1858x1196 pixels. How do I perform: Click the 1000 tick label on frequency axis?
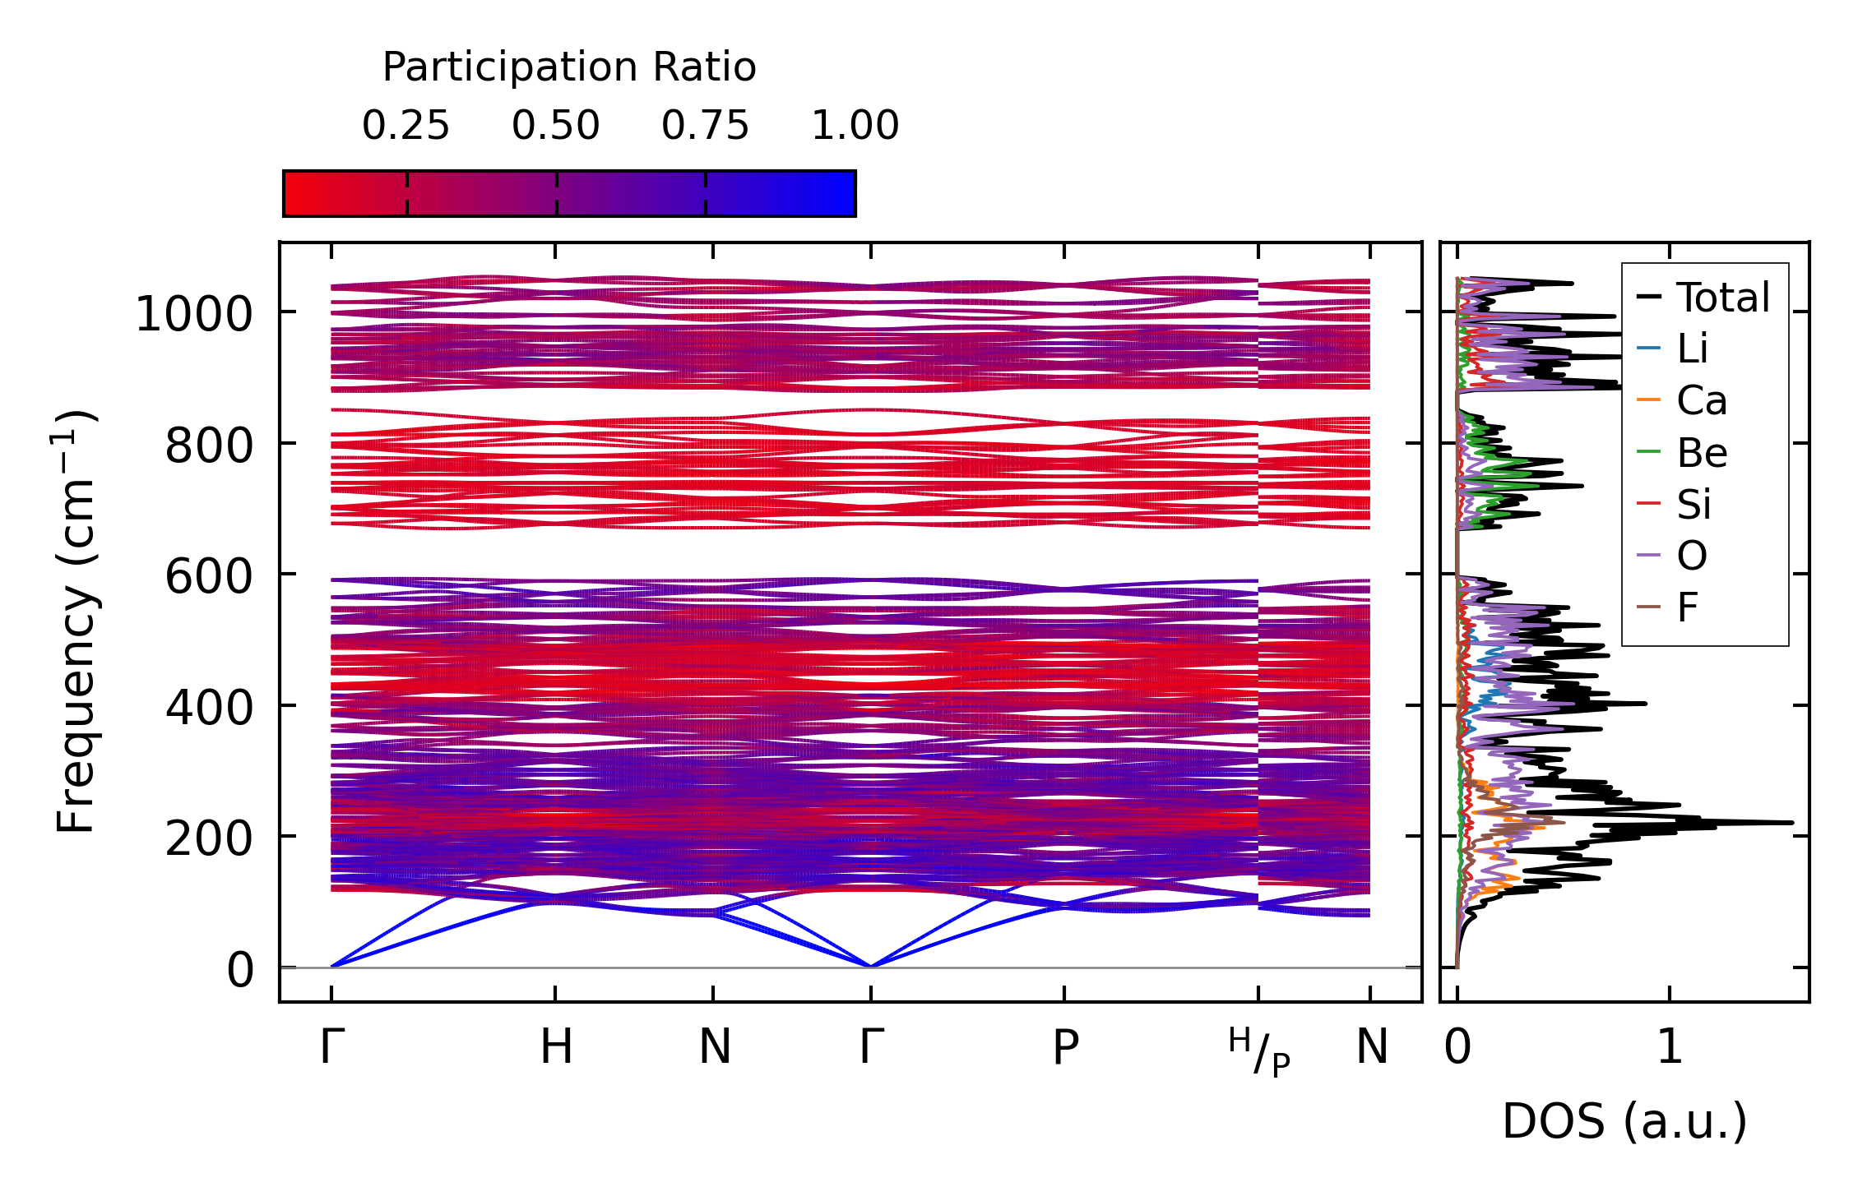click(x=193, y=314)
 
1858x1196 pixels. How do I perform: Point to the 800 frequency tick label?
click(x=208, y=446)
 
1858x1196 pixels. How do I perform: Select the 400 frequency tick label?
click(x=208, y=707)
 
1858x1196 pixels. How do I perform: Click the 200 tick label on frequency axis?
click(x=208, y=838)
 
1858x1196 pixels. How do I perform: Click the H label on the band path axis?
click(x=556, y=1047)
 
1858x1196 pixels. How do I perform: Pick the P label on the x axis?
click(x=1065, y=1047)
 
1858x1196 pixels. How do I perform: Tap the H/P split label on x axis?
click(x=1259, y=1052)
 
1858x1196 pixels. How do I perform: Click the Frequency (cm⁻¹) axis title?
click(x=76, y=621)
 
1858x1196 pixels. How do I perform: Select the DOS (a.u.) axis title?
click(x=1624, y=1121)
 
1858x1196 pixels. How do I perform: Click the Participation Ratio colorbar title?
click(x=569, y=67)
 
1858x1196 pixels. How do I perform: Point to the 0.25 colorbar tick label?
click(x=405, y=126)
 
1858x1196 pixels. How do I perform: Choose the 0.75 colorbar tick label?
click(x=705, y=126)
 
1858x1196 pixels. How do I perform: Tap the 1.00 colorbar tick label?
click(x=855, y=126)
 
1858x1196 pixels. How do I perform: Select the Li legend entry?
click(x=1692, y=349)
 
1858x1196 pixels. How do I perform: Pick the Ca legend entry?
click(x=1701, y=401)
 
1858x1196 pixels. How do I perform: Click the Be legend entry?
click(x=1701, y=453)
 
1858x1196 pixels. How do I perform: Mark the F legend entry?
click(x=1687, y=608)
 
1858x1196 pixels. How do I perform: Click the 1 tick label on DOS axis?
click(x=1670, y=1047)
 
